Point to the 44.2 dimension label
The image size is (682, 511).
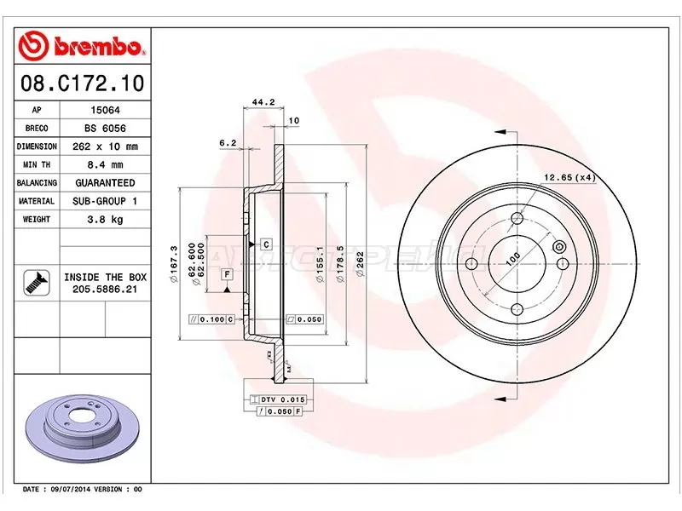tap(262, 102)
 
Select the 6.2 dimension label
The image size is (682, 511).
tap(227, 143)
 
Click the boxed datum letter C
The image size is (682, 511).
tap(266, 245)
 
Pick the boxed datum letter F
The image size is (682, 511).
tap(227, 273)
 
